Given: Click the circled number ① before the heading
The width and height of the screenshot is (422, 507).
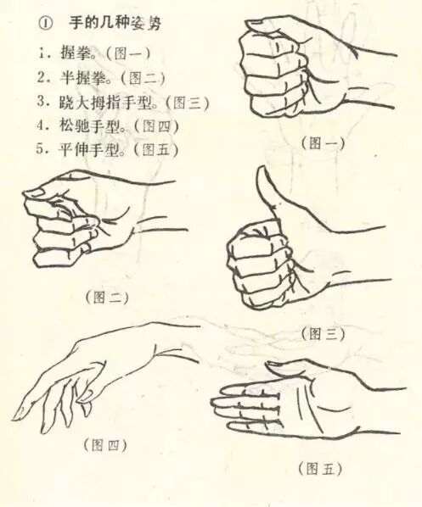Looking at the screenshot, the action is (45, 25).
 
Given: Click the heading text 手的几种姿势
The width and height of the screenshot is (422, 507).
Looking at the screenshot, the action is (115, 23).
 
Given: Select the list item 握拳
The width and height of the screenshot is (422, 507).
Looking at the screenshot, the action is (76, 53).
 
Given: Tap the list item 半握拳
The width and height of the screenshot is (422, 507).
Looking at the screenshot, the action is (84, 77).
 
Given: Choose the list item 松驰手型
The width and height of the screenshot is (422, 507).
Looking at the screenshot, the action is (90, 125).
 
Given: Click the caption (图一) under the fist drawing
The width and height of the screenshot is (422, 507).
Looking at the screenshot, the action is (323, 142).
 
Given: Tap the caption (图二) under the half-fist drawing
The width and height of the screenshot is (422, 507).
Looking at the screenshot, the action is (107, 298).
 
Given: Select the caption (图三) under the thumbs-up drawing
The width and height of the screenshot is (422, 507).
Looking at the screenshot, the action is (323, 334).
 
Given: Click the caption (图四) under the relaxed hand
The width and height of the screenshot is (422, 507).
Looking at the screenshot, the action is (105, 446).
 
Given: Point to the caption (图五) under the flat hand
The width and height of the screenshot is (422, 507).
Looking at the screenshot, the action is (320, 469).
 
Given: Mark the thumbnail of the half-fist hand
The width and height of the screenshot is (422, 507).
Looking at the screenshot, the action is (34, 193).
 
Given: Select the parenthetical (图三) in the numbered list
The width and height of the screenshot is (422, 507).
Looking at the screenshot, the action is (187, 103).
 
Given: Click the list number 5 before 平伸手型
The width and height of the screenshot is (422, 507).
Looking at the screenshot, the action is (40, 149).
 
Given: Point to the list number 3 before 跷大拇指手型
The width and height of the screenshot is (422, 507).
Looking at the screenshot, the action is (41, 102).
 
